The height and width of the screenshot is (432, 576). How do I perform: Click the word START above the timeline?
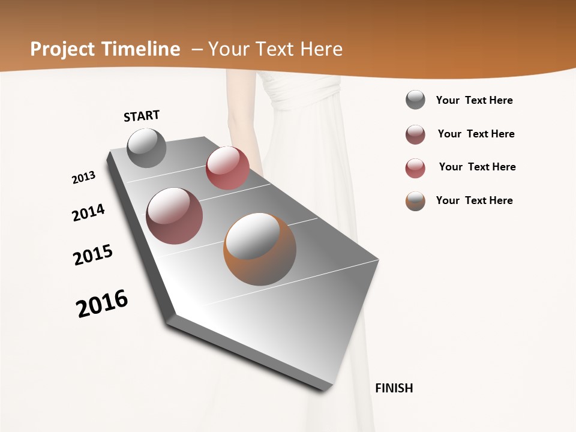pyautogui.click(x=142, y=116)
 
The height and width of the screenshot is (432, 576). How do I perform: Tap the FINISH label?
pyautogui.click(x=394, y=388)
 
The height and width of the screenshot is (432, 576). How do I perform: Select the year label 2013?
pyautogui.click(x=83, y=178)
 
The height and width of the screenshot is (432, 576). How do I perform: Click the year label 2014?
pyautogui.click(x=88, y=212)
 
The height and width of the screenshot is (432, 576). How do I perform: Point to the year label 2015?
pyautogui.click(x=93, y=255)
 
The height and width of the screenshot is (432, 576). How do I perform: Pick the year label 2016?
pyautogui.click(x=102, y=303)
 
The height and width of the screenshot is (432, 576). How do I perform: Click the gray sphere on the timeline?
pyautogui.click(x=146, y=148)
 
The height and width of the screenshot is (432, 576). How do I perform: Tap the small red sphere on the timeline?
pyautogui.click(x=227, y=168)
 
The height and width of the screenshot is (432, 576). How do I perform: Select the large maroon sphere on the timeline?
pyautogui.click(x=174, y=216)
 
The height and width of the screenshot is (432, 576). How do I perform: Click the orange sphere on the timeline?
pyautogui.click(x=260, y=249)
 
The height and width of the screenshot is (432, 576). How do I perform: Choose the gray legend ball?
pyautogui.click(x=415, y=100)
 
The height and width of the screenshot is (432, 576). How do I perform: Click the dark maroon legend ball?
pyautogui.click(x=415, y=134)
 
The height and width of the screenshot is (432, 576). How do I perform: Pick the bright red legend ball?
pyautogui.click(x=415, y=168)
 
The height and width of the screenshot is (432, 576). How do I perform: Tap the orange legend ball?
pyautogui.click(x=415, y=201)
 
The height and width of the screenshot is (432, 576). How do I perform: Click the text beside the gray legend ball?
pyautogui.click(x=474, y=100)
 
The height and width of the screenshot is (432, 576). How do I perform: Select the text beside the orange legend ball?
pyautogui.click(x=474, y=200)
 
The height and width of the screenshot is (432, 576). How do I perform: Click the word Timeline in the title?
pyautogui.click(x=141, y=49)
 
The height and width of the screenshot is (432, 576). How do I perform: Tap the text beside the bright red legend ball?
pyautogui.click(x=477, y=167)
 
